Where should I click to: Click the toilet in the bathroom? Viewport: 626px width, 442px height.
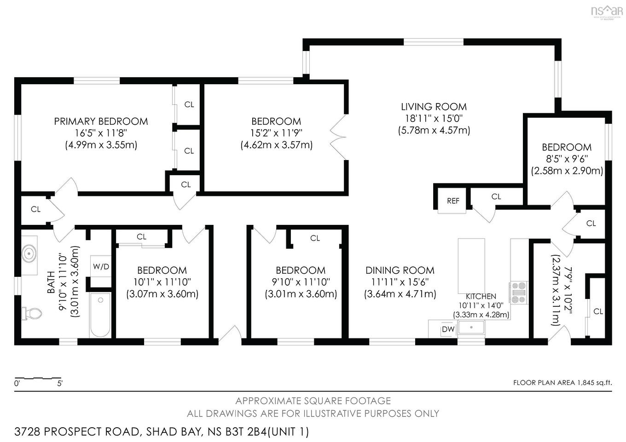click(x=31, y=314)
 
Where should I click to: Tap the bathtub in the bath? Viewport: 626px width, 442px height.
click(x=100, y=315)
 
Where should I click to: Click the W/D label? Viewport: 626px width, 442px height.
click(x=101, y=266)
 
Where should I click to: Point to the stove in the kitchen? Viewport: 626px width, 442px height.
click(x=518, y=293)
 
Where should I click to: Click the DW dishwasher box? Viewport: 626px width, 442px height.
click(x=448, y=329)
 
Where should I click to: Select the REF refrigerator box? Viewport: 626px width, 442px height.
click(x=453, y=201)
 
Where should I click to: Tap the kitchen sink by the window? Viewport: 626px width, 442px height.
click(x=471, y=328)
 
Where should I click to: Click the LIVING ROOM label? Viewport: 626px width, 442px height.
click(x=434, y=107)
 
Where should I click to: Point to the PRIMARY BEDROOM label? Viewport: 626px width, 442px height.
click(x=101, y=121)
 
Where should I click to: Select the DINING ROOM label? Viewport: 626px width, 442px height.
click(x=400, y=270)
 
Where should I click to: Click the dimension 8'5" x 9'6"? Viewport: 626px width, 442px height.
click(x=567, y=159)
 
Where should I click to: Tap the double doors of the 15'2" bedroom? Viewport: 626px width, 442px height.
click(x=339, y=137)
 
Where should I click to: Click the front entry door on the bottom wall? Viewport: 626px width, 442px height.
click(x=230, y=335)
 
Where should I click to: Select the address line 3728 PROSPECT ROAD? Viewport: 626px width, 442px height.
click(x=162, y=432)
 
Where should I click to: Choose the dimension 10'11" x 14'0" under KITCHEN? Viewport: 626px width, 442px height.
click(x=481, y=305)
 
